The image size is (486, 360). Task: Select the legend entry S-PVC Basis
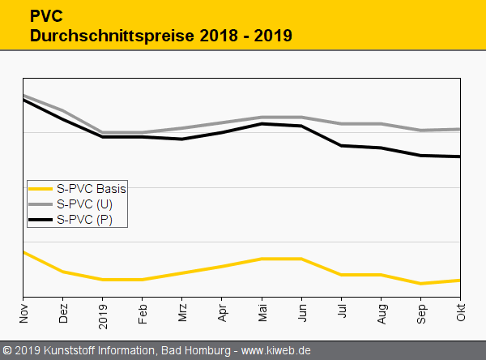tap(92, 188)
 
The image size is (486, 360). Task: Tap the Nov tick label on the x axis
tap(23, 312)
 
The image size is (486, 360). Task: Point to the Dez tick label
tap(63, 312)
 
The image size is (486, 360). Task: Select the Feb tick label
tap(143, 312)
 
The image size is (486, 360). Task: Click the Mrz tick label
tap(182, 312)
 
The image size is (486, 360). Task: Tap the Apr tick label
tap(222, 312)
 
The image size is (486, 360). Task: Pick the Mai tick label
tap(262, 312)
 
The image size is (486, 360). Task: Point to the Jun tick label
tap(301, 312)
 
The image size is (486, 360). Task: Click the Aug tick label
tap(381, 312)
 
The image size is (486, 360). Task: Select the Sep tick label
tap(420, 312)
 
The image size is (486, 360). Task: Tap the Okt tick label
tap(460, 312)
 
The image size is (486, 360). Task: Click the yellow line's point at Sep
tap(420, 284)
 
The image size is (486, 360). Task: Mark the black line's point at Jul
tap(341, 146)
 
